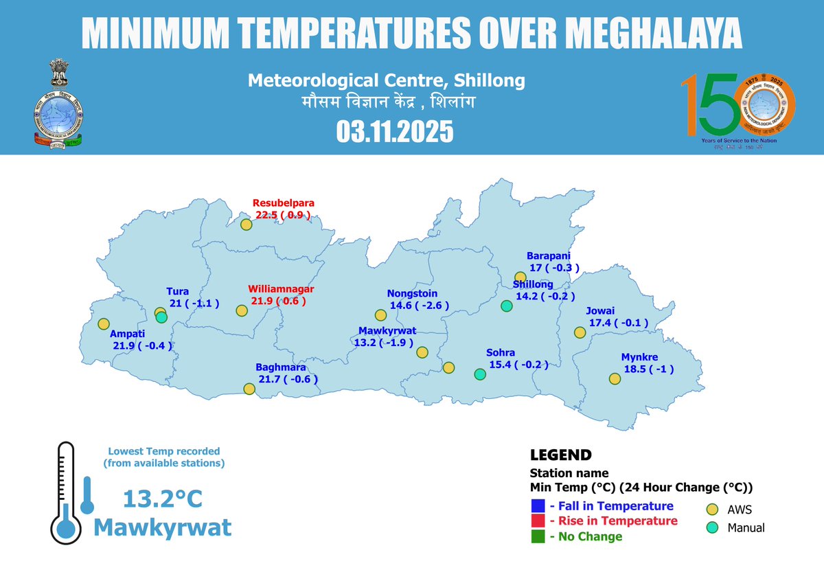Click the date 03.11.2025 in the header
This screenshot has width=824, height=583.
[x=395, y=131]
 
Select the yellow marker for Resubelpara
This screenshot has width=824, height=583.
[x=247, y=224]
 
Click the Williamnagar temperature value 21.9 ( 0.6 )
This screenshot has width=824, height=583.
[x=277, y=301]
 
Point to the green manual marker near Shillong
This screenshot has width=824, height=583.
[x=507, y=306]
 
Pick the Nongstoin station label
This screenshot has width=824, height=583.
[x=412, y=293]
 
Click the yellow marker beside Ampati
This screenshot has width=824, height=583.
[x=104, y=323]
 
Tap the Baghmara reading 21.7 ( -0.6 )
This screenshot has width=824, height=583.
[x=288, y=378]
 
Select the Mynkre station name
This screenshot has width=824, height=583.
[x=639, y=357]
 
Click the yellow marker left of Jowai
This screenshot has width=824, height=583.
[x=580, y=332]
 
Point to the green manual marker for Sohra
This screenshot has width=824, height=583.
[x=480, y=374]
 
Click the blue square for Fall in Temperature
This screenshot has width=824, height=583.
[x=538, y=506]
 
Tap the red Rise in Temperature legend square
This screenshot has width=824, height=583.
[x=538, y=521]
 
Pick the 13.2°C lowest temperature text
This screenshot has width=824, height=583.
[x=163, y=499]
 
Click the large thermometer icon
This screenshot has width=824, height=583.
[x=66, y=492]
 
